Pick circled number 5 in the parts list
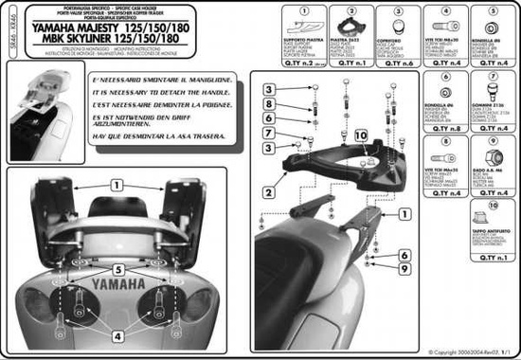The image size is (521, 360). pos(493,11)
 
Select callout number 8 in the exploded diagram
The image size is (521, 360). pos(270,103)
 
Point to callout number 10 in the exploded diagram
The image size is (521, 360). pos(359,136)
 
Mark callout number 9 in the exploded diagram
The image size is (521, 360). pos(404,269)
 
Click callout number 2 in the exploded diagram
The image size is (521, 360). pos(269,192)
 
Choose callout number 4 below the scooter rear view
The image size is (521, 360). pos(117,334)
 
